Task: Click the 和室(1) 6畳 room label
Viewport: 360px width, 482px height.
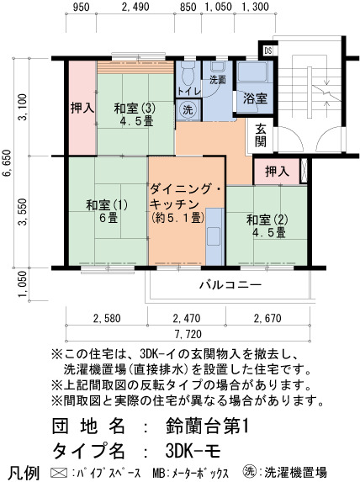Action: click(107, 211)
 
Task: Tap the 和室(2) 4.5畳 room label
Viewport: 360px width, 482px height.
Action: click(267, 226)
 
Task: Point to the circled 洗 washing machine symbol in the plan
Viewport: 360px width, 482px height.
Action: click(188, 109)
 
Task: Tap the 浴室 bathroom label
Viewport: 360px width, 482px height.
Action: click(255, 98)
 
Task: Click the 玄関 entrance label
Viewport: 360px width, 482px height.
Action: click(261, 135)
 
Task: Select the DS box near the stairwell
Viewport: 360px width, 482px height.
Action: click(268, 50)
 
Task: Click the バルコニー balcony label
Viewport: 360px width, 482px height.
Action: click(230, 285)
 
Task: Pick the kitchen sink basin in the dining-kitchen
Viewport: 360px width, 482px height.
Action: click(214, 236)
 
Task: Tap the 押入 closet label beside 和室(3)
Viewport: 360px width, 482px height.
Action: click(82, 108)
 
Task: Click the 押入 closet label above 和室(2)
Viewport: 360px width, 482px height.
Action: click(277, 172)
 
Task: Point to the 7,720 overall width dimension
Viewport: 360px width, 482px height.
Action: click(188, 334)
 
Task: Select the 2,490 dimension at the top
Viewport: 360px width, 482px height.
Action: click(135, 7)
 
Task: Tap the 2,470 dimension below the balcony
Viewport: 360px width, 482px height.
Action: click(187, 318)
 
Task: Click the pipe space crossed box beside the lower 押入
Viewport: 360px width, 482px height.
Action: click(304, 171)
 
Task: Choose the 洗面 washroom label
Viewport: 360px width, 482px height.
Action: click(218, 81)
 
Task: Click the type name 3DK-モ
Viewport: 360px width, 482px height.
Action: click(193, 451)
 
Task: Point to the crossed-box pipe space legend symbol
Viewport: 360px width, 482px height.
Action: click(59, 473)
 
